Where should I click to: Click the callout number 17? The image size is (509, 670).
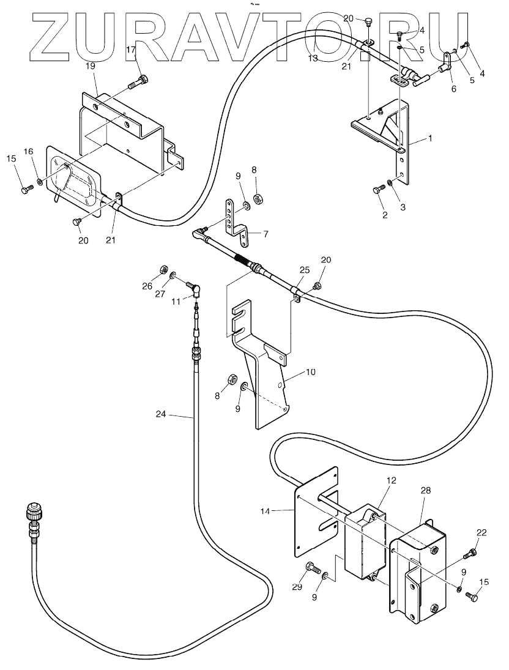[x=131, y=50]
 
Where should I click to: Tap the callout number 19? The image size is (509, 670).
[x=90, y=66]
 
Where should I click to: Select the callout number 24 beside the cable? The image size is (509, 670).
[x=161, y=414]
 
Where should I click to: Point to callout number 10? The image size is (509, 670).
[x=311, y=372]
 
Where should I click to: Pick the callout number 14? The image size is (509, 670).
[x=266, y=511]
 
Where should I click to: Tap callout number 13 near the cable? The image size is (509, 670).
[x=313, y=58]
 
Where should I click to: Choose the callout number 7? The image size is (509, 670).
[x=266, y=234]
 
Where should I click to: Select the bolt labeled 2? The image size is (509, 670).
[x=379, y=189]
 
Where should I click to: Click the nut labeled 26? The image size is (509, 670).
[x=162, y=270]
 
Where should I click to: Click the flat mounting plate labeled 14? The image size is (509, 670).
[x=316, y=513]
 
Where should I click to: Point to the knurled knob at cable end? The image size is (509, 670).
[x=32, y=511]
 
